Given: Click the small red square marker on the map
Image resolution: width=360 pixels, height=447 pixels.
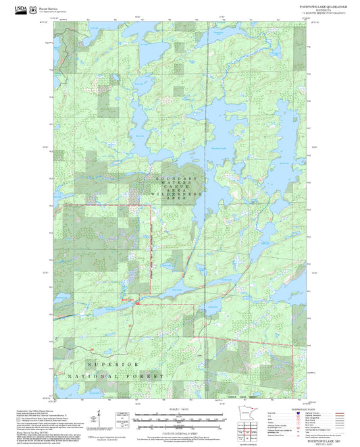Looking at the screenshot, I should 138,303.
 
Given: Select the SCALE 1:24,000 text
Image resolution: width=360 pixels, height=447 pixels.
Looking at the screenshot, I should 180,410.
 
